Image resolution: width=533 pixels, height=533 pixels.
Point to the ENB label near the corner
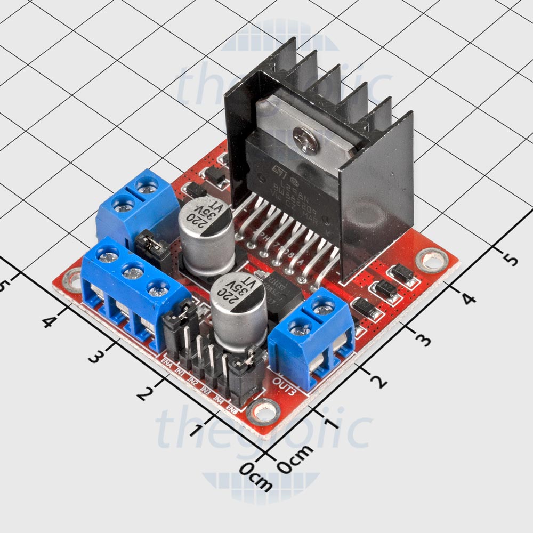tap(232, 409)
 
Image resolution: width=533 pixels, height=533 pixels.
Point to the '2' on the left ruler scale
tap(142, 394)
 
